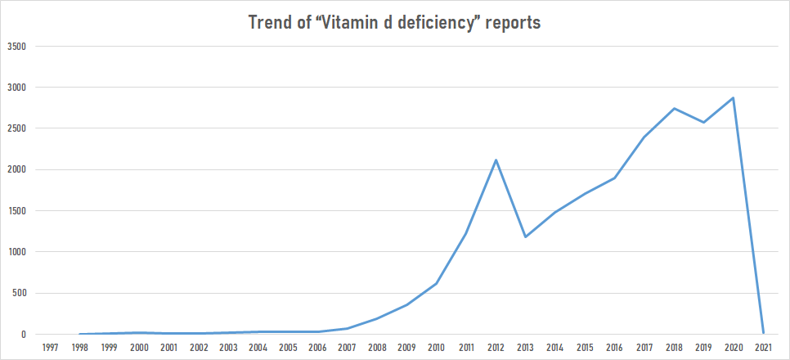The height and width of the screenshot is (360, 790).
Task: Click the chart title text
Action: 394,23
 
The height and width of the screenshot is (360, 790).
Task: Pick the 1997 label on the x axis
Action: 50,348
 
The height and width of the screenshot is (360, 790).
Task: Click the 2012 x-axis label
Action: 496,348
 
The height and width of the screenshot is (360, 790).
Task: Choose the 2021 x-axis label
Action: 762,348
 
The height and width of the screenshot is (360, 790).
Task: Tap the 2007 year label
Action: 347,348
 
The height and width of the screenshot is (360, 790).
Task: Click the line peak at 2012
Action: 496,160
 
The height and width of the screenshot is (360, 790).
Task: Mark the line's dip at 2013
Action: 525,237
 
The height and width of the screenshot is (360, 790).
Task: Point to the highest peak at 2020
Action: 733,98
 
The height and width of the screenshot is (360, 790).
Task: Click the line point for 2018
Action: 674,108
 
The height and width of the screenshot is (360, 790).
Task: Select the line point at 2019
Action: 703,123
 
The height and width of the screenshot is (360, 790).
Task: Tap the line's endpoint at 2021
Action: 762,333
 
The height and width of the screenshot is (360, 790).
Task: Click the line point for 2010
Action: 436,284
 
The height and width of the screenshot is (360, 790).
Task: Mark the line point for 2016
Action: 614,178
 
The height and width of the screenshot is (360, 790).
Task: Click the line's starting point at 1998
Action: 80,334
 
